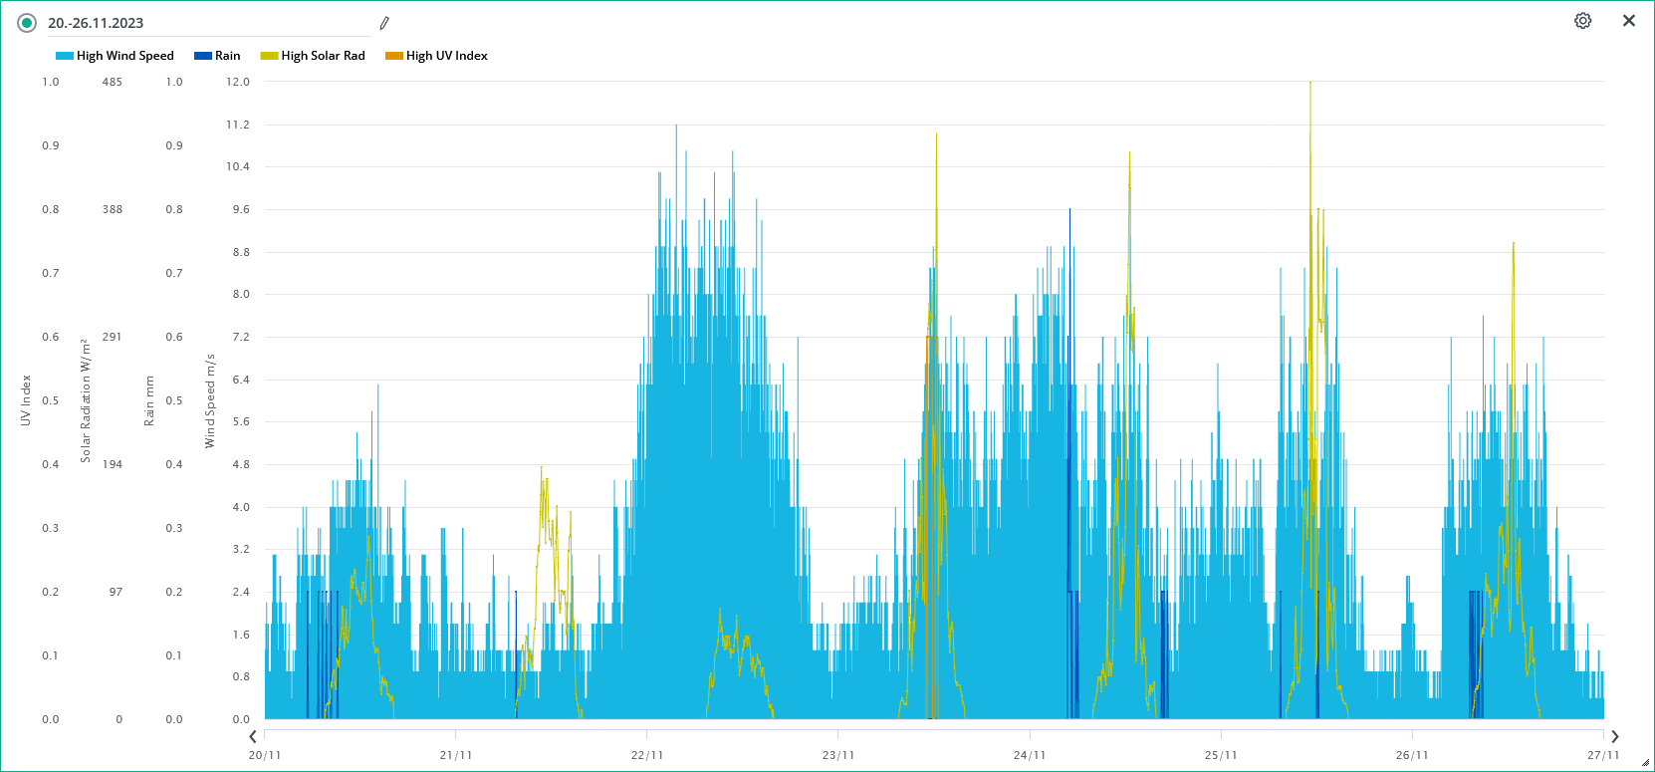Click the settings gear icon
pos(1582,21)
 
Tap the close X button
pos(1629,21)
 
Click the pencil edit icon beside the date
pos(384,23)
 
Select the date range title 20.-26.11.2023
pos(96,23)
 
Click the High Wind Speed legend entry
pos(116,56)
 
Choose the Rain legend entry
pos(218,56)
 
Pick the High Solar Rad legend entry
pos(313,56)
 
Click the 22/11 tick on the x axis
pos(647,755)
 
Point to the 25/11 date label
pos(1221,755)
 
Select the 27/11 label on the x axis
pos(1603,755)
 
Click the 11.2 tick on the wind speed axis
pos(238,125)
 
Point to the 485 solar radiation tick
pos(113,82)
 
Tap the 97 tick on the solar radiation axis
pos(117,592)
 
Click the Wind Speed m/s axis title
pos(210,400)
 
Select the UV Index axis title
pos(26,400)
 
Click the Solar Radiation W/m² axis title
pos(86,400)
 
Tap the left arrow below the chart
pos(253,737)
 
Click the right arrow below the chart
pos(1615,737)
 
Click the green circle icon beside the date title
pos(27,23)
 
